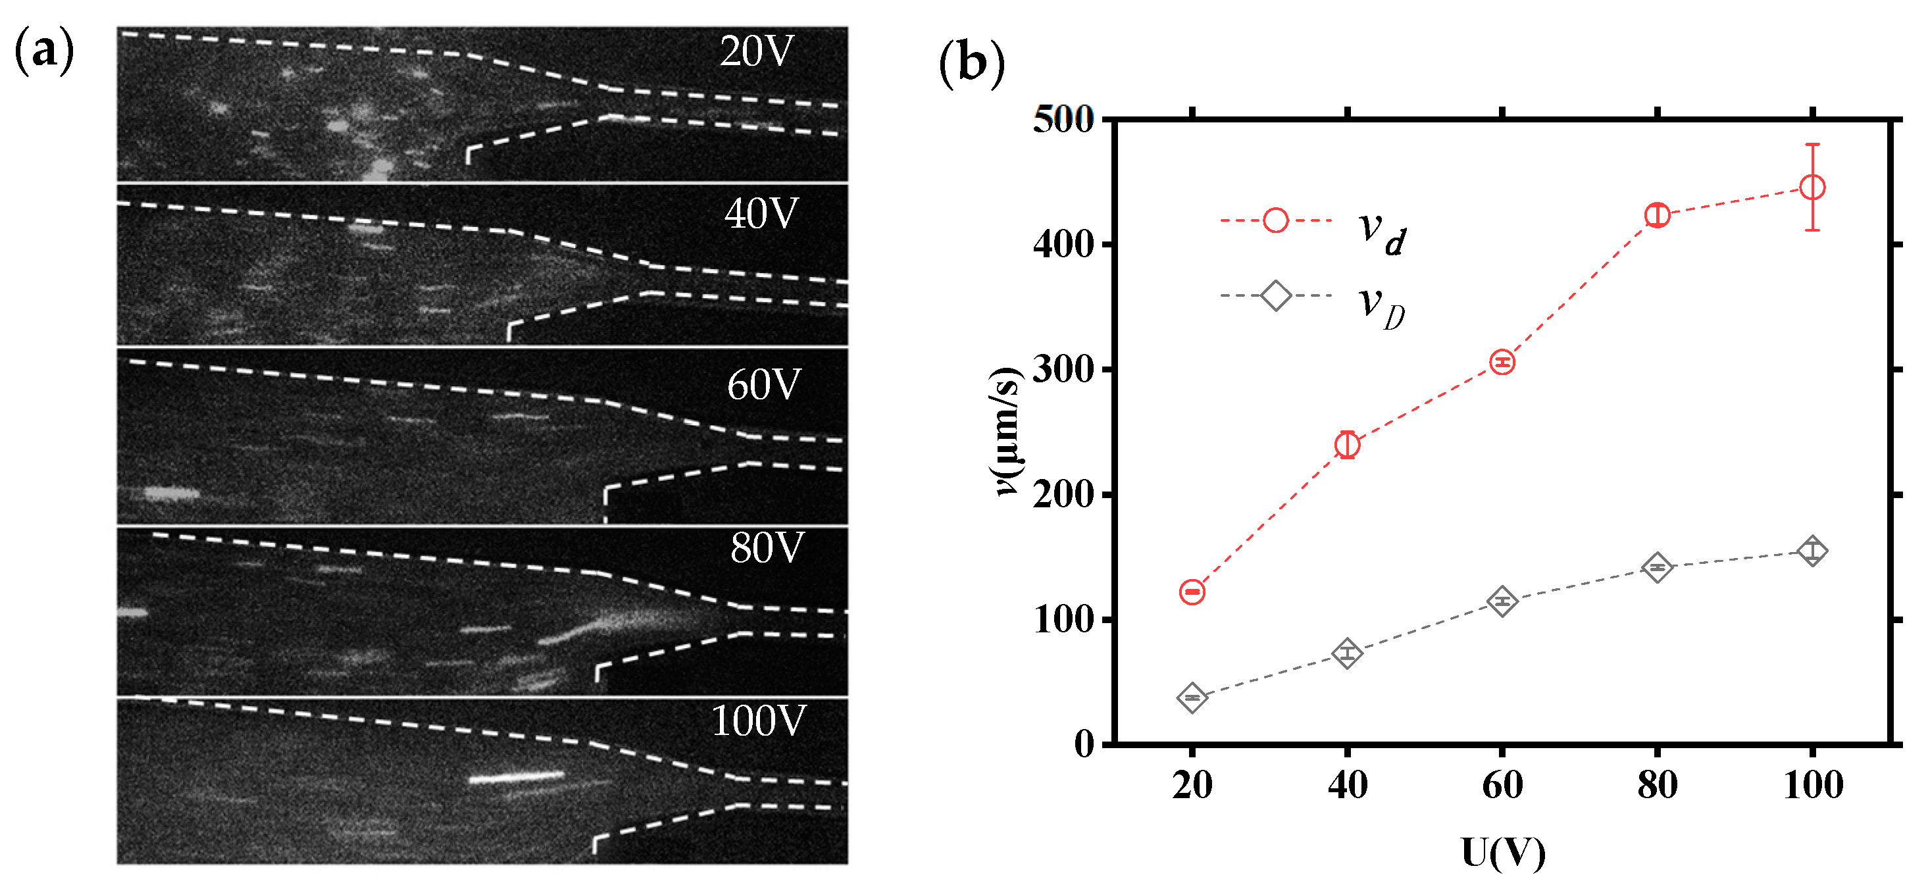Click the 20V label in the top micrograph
pos(756,53)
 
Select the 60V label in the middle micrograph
pos(763,385)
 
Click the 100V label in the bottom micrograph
pos(758,721)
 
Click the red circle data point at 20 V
pos(1192,592)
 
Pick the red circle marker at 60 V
pos(1502,363)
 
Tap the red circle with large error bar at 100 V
pos(1812,187)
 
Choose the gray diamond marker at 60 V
pos(1502,601)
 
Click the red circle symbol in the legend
pos(1275,221)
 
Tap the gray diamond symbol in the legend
pos(1275,295)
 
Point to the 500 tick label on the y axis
pos(1063,120)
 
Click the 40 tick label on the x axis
pos(1347,786)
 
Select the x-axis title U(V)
pos(1503,853)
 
